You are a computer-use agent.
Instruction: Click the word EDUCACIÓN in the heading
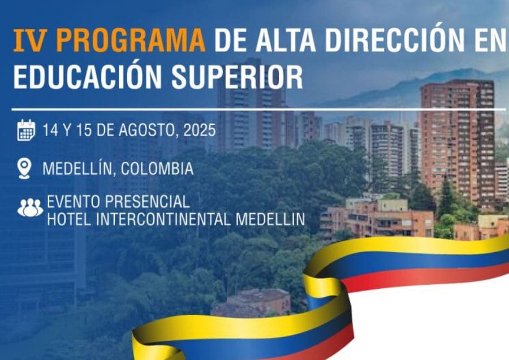click(x=88, y=77)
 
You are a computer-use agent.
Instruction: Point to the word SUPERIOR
click(x=237, y=77)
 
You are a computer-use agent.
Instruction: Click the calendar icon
click(x=26, y=130)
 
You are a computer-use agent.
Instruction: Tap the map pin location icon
click(x=25, y=168)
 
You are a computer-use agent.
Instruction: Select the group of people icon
click(x=30, y=207)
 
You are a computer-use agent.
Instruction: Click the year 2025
click(x=199, y=131)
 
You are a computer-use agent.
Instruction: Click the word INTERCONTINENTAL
click(x=163, y=219)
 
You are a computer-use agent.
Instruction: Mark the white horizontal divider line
click(x=258, y=110)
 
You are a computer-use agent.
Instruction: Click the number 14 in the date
click(x=50, y=131)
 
